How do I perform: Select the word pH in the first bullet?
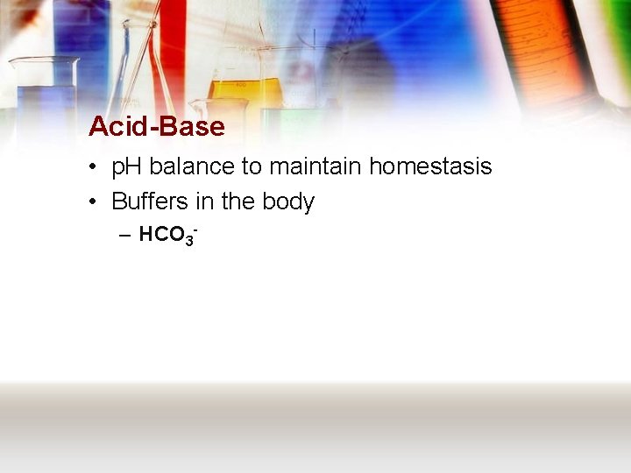[x=128, y=166]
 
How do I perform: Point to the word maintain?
[x=315, y=166]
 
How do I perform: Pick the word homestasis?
[x=430, y=166]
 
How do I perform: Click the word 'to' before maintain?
[x=252, y=166]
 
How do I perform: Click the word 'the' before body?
[x=238, y=201]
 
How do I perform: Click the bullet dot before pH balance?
[x=93, y=167]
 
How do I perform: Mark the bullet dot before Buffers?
[x=93, y=202]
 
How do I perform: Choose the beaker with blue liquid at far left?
[x=44, y=96]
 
